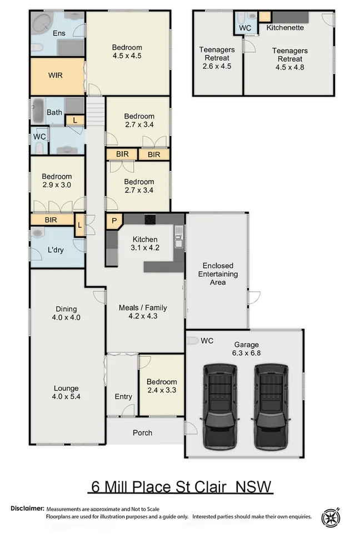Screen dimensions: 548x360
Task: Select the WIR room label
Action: pos(56,76)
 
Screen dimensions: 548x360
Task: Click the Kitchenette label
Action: pos(284,27)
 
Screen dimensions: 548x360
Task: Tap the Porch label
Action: pos(142,432)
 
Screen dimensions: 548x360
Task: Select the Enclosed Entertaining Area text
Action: pos(217,274)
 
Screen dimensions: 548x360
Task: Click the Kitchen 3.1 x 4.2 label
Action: pos(145,243)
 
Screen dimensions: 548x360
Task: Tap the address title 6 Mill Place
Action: pos(181,487)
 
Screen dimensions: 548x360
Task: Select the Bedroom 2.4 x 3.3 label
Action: pos(162,386)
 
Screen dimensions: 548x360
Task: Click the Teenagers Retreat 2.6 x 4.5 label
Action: pos(217,58)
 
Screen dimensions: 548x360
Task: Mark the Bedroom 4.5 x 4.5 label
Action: pos(127,51)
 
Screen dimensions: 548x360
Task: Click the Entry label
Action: pos(123,396)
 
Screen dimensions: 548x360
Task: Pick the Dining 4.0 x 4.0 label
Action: pos(66,313)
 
